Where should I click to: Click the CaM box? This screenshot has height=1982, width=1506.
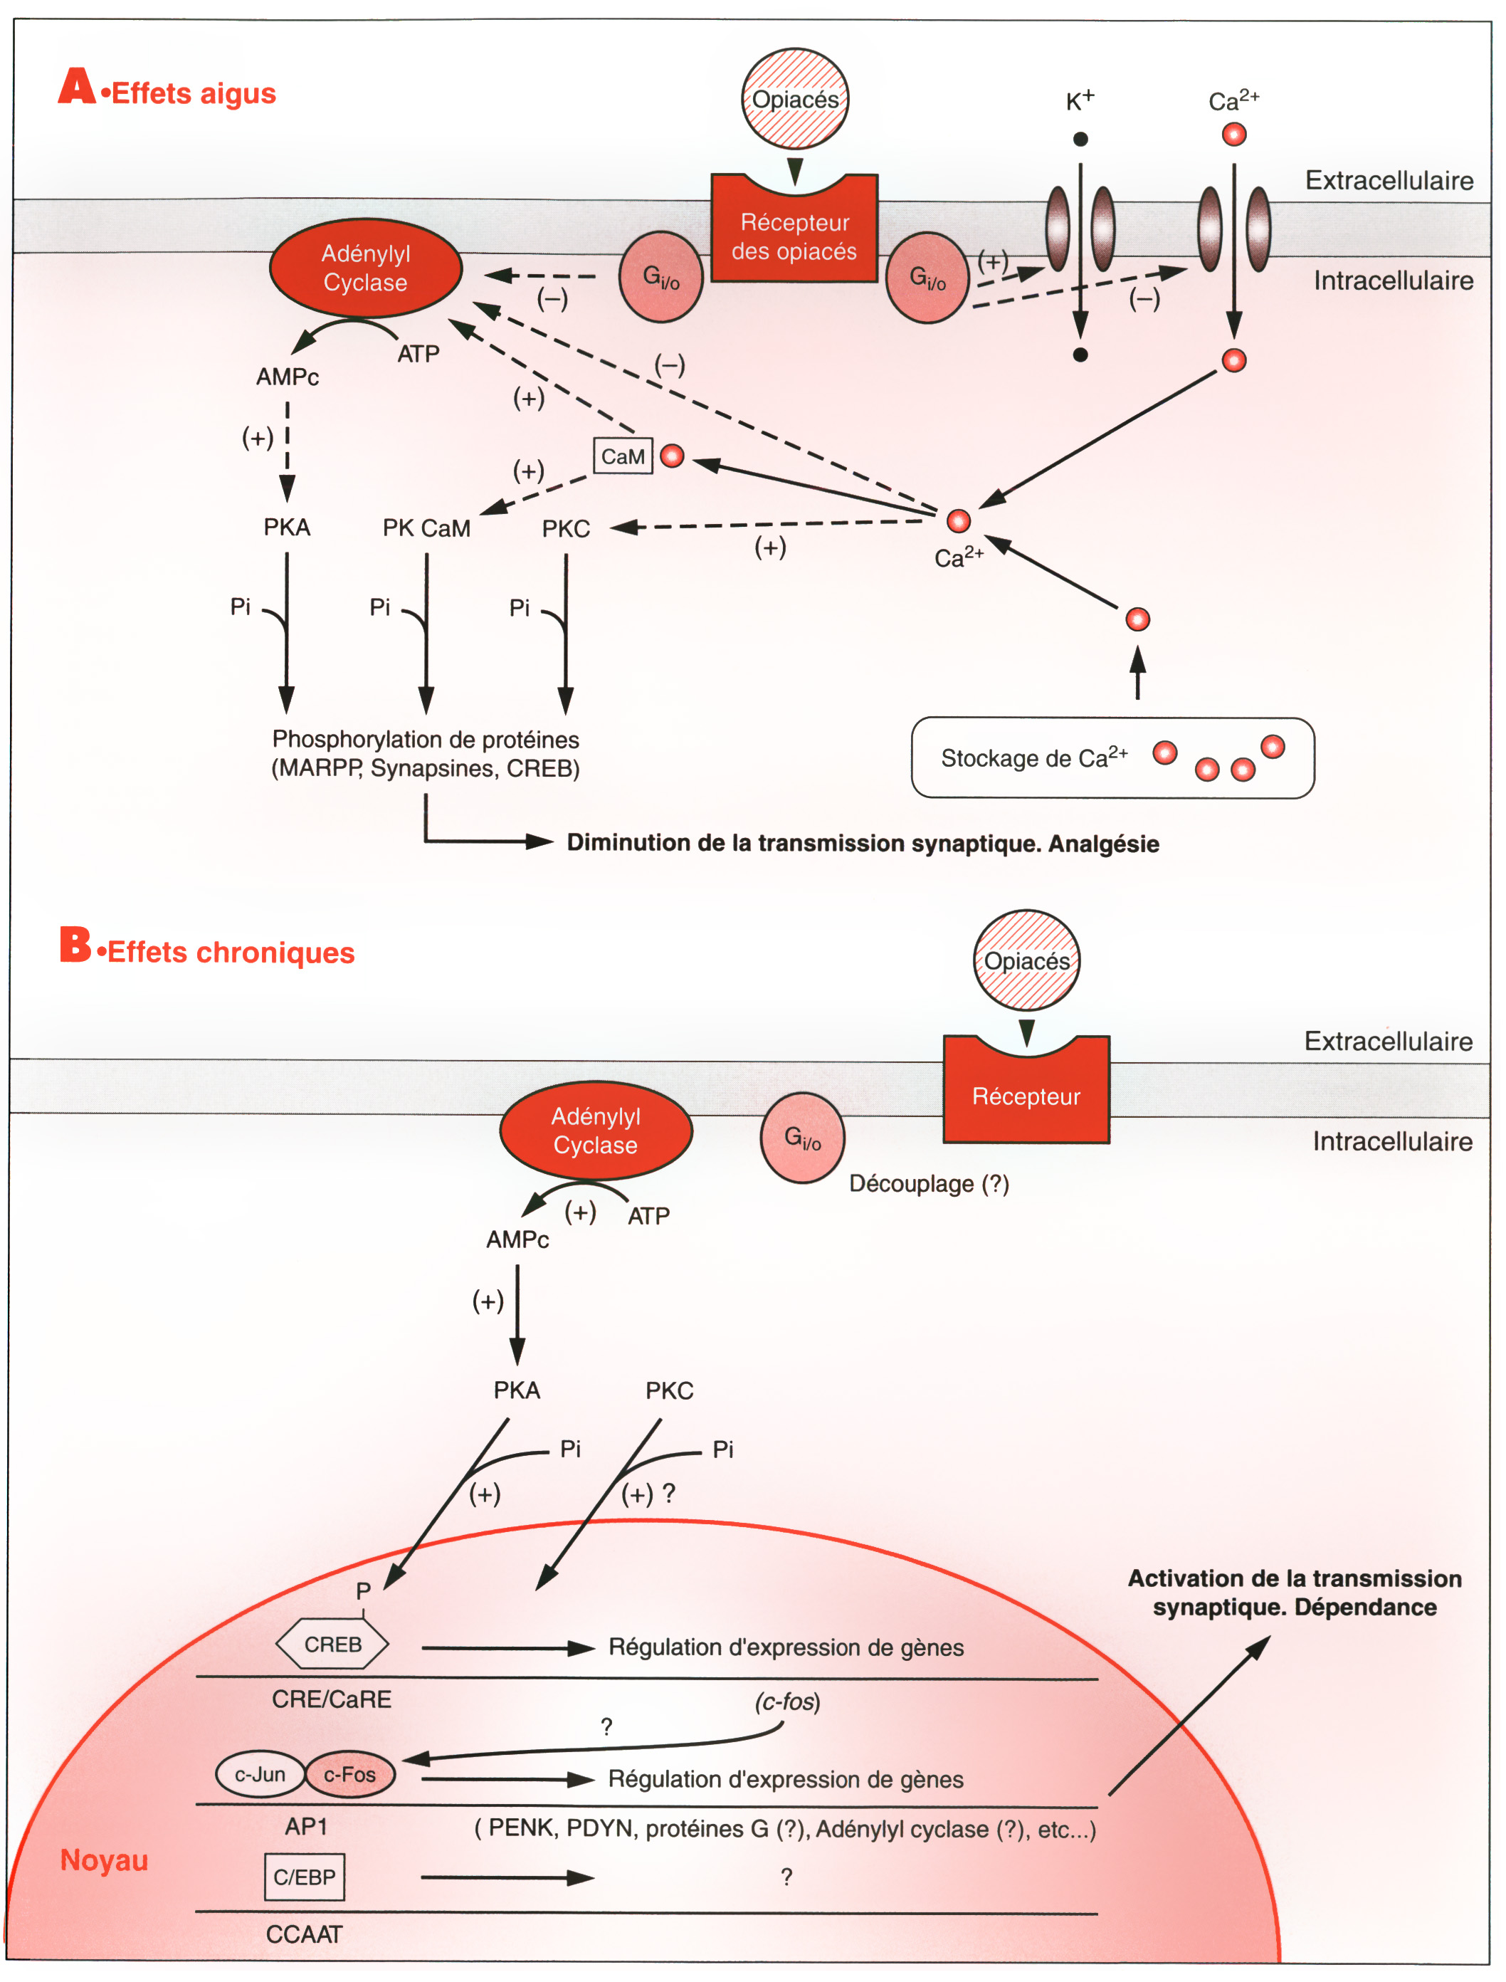pos(622,456)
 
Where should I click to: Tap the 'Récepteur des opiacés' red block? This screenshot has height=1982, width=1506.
pos(794,236)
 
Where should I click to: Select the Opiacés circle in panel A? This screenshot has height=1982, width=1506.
pos(794,99)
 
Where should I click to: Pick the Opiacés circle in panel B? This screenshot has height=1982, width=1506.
pos(1026,960)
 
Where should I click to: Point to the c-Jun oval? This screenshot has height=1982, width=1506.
pos(260,1774)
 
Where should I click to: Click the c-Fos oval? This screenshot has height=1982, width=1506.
pos(349,1774)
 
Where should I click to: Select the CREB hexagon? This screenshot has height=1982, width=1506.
pos(332,1644)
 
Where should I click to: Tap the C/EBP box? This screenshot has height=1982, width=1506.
pos(305,1876)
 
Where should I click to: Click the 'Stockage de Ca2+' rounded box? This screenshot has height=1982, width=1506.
pos(1112,757)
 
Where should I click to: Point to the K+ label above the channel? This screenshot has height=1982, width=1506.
pos(1079,100)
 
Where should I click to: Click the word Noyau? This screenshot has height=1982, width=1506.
pos(104,1860)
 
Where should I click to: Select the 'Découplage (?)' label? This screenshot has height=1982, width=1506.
pos(929,1183)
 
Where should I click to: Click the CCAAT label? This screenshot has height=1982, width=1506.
pos(304,1934)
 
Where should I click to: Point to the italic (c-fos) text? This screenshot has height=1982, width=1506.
pos(787,1702)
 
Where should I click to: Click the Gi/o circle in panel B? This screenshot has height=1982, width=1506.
pos(802,1138)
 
